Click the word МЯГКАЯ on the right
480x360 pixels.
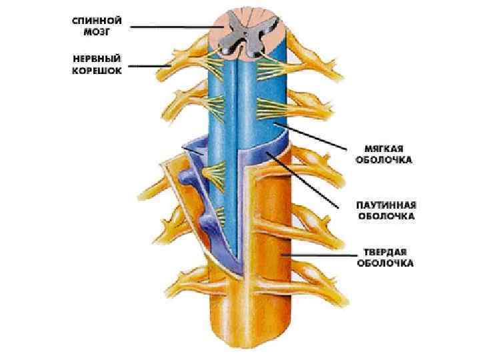pos(383,149)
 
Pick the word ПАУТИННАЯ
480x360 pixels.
pos(386,205)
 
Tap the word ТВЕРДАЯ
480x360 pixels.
pos(385,251)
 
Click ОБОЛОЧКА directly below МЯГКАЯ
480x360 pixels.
pos(383,160)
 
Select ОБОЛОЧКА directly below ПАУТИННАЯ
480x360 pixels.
pos(386,216)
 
